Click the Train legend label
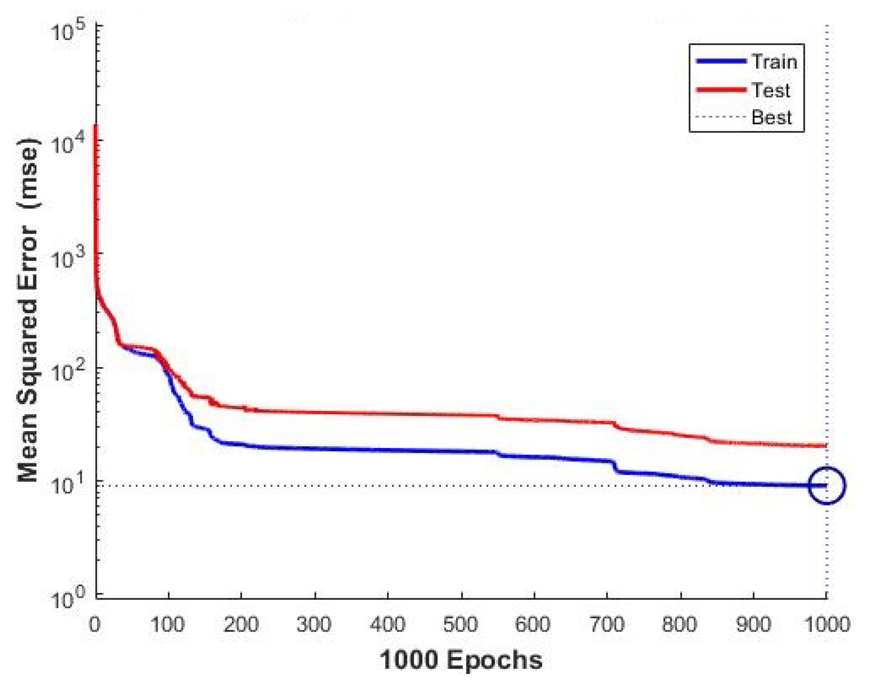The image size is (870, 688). [x=774, y=62]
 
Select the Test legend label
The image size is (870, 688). [x=770, y=90]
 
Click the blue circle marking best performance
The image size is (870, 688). [x=827, y=486]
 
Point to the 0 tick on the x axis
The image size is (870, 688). [x=95, y=625]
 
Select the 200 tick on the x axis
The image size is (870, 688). [x=241, y=625]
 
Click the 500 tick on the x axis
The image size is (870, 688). [x=460, y=625]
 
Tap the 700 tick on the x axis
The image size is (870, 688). [x=607, y=625]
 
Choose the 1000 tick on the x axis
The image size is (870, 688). [x=826, y=625]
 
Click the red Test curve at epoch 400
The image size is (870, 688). [x=388, y=413]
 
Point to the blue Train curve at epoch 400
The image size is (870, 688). [x=388, y=450]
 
